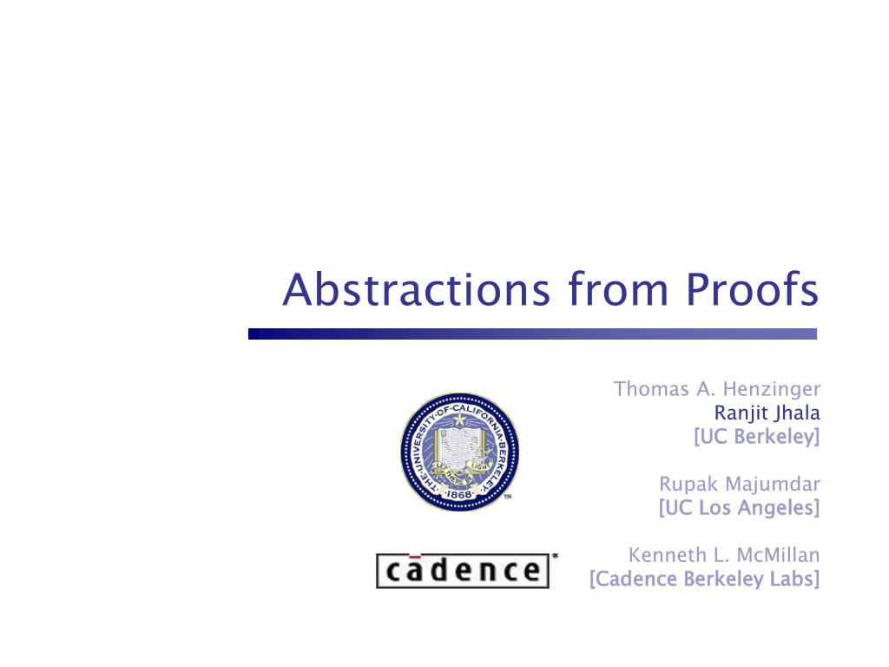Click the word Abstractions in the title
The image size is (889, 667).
point(416,289)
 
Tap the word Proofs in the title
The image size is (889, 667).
point(752,289)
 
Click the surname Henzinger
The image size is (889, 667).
point(772,389)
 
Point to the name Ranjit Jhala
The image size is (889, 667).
point(767,413)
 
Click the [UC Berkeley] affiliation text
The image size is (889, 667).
point(757,437)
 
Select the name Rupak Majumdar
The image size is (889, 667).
point(740,484)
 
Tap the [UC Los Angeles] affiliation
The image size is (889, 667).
point(740,507)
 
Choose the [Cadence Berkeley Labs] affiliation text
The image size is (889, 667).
point(705,579)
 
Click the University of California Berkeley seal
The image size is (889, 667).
point(459,452)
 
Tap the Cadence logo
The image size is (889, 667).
point(463,571)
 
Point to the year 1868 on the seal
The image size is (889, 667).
point(459,494)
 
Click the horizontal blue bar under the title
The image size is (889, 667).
point(532,334)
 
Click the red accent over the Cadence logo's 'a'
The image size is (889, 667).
point(415,556)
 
